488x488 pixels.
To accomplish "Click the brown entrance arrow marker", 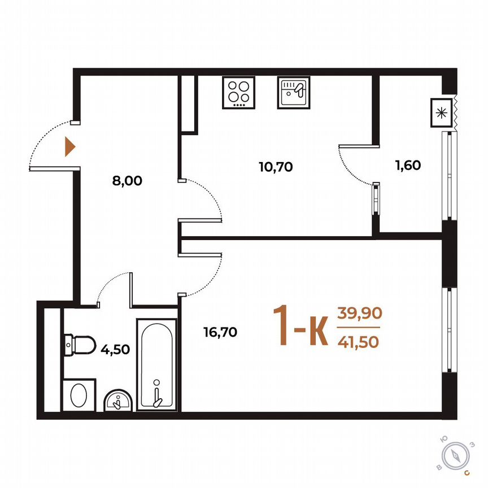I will coord(69,146).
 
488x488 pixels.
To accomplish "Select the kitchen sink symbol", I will coord(293,91).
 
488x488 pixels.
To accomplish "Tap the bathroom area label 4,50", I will coord(115,348).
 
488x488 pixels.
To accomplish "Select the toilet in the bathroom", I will coord(79,343).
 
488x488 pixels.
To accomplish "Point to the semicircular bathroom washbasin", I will coord(118,400).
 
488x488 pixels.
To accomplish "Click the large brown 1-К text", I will coord(300,326).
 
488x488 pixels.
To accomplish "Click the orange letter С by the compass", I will coord(467,472).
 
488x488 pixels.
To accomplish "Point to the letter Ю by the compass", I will coord(445,439).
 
